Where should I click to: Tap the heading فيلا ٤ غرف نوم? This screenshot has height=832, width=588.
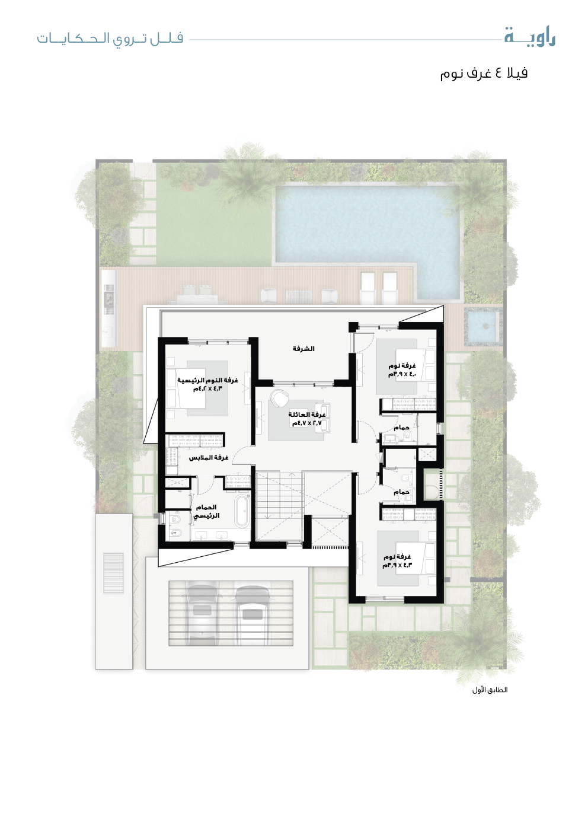click(x=484, y=73)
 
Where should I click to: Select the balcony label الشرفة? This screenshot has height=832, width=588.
click(x=303, y=349)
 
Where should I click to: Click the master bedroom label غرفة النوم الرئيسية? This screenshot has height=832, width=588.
click(x=207, y=380)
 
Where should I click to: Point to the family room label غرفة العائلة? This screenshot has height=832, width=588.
click(x=307, y=415)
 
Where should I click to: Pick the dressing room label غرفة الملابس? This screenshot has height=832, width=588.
click(x=208, y=458)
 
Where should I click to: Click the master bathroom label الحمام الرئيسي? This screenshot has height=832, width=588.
click(x=206, y=511)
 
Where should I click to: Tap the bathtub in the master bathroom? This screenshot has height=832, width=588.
click(x=242, y=511)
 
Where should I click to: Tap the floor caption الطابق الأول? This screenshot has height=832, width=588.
click(x=490, y=690)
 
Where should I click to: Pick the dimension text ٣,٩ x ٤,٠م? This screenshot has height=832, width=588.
click(x=403, y=374)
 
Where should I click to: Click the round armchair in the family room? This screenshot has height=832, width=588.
click(x=279, y=398)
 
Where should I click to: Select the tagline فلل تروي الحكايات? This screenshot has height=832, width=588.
click(x=110, y=39)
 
